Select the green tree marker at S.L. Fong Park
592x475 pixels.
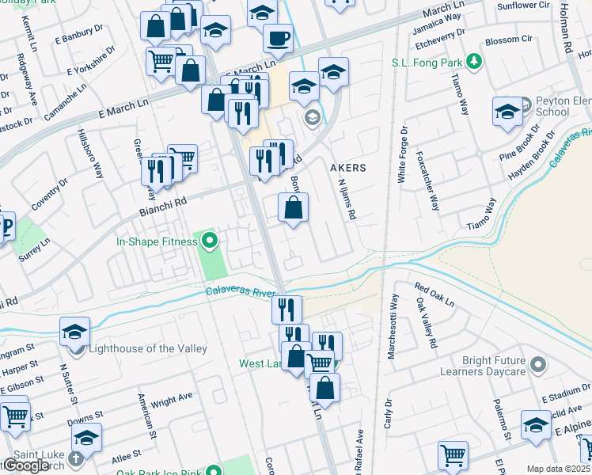pos(473,60)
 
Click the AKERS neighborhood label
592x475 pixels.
pos(347,168)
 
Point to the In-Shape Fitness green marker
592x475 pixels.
pos(209,239)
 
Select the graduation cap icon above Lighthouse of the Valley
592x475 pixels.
pos(74,332)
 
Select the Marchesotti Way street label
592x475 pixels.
pos(393,327)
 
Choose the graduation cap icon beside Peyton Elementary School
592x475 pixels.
pos(507,112)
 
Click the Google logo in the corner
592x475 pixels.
pos(25,465)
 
